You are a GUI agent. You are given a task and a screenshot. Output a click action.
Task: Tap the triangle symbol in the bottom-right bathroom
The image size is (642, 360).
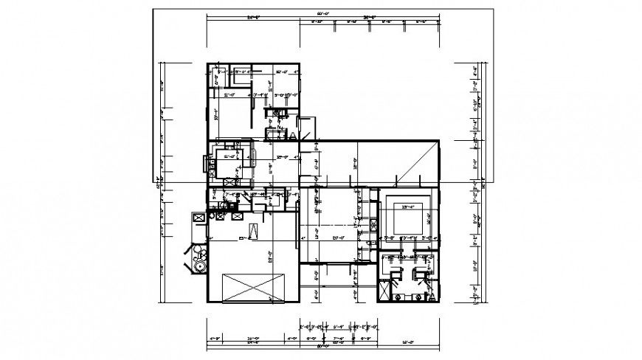click(432, 296)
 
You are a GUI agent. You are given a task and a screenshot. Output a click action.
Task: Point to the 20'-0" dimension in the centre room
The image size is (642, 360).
click(339, 238)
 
